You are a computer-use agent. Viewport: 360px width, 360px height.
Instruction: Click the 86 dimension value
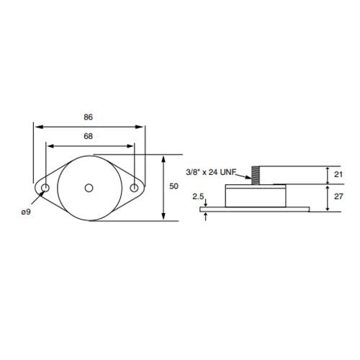coord(89,117)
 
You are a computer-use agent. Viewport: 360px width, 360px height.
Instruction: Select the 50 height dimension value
coord(174,186)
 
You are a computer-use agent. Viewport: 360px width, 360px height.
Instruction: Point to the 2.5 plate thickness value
coord(198,195)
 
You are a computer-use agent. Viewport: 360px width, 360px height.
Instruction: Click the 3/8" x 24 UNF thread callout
coord(211,172)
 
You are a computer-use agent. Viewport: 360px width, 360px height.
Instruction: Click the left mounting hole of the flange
coord(45,189)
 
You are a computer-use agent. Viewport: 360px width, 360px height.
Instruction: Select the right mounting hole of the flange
coord(134,189)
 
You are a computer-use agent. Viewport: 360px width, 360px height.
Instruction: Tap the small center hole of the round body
coord(89,189)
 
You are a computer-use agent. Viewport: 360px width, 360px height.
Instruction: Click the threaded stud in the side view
coord(255,175)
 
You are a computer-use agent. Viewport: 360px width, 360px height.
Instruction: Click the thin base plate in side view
coord(256,210)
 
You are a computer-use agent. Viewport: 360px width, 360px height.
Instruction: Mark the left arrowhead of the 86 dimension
coord(36,126)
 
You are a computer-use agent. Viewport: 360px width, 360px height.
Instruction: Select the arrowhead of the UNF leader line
coord(247,177)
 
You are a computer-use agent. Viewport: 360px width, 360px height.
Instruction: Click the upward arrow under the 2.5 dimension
coord(207,215)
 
